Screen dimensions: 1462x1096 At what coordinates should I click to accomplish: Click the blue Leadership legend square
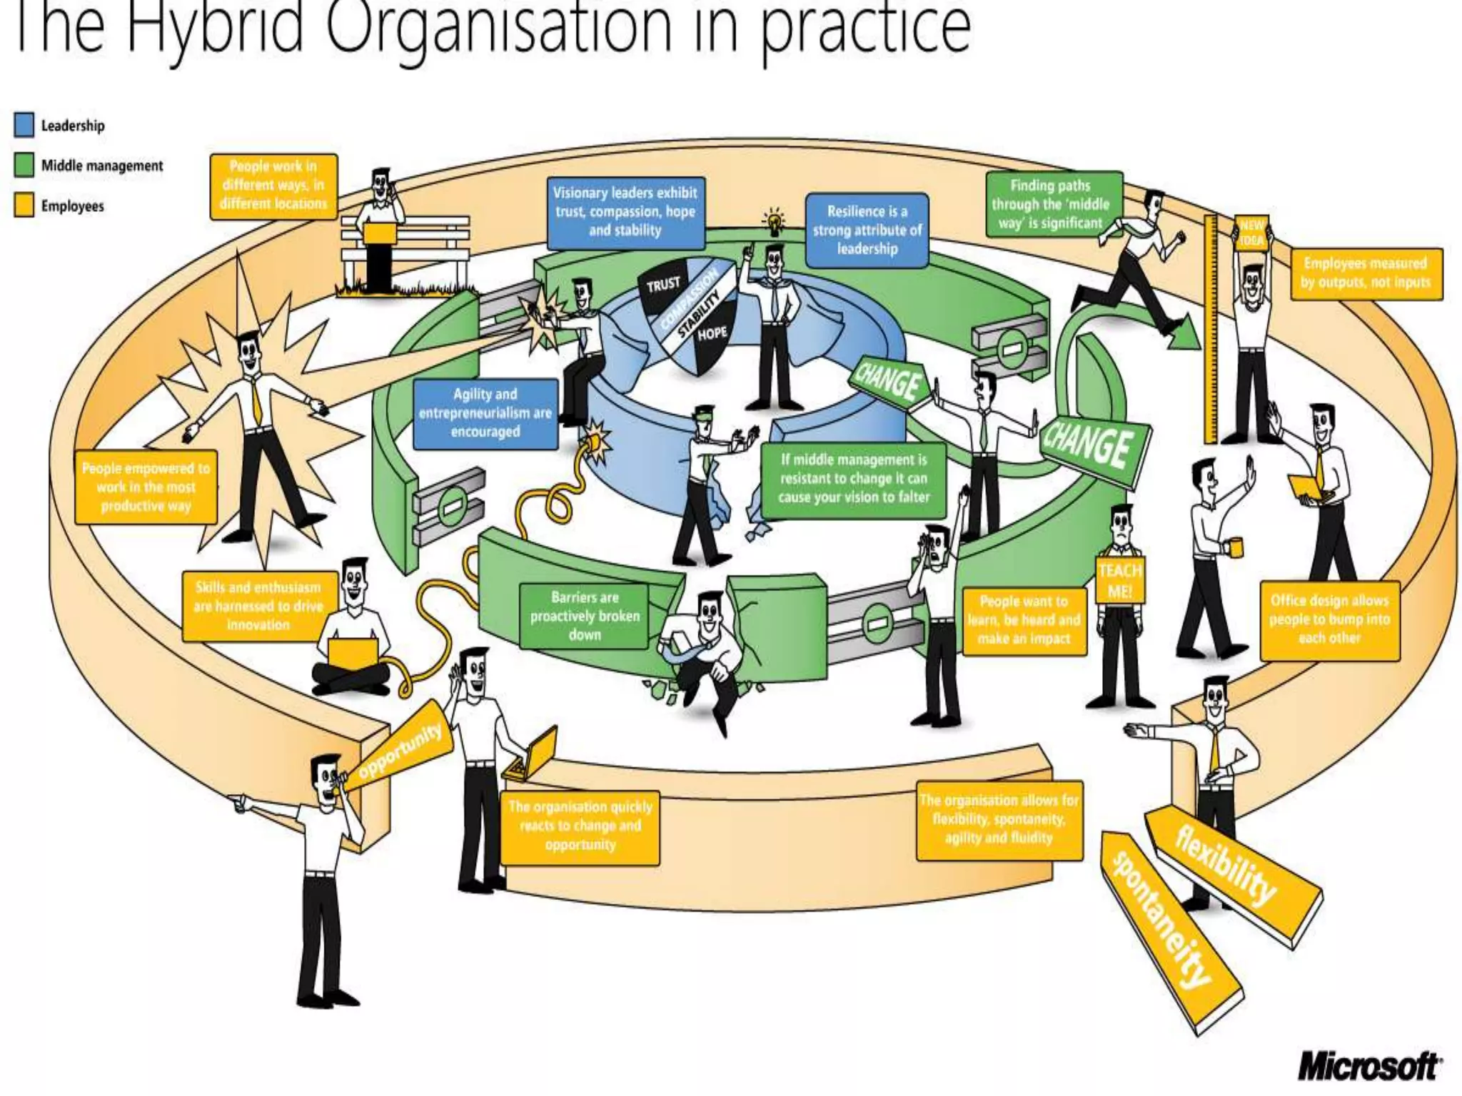(24, 125)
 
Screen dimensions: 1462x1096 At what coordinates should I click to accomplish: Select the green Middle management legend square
(24, 166)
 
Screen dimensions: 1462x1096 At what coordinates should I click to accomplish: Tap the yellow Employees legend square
(24, 205)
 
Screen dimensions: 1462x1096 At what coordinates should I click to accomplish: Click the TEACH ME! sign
(1119, 581)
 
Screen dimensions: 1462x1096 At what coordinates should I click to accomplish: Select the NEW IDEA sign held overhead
(1251, 233)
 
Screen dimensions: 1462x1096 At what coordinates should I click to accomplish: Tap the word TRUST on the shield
(663, 285)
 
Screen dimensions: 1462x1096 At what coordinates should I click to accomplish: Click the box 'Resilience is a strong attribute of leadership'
(867, 230)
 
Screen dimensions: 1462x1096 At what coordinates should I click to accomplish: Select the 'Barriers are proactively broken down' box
(584, 616)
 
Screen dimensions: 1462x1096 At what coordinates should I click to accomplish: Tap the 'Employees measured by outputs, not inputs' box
(1365, 273)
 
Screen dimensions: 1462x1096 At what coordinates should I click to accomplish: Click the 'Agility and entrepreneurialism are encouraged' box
(485, 413)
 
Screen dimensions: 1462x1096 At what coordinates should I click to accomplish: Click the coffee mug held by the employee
(1234, 547)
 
